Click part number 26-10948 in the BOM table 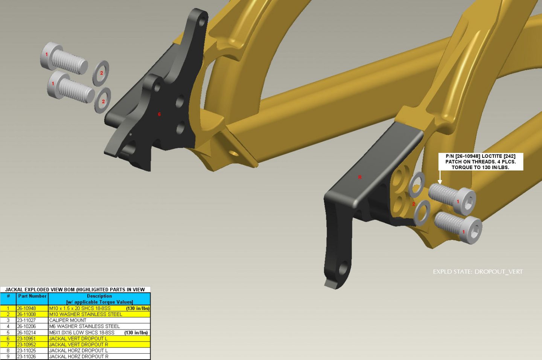click(x=26, y=308)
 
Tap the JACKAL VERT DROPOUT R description click(x=78, y=345)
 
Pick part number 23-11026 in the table click(x=26, y=357)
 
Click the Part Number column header click(x=32, y=296)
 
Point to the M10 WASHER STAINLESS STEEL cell click(x=86, y=314)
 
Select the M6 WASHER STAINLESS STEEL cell click(x=84, y=326)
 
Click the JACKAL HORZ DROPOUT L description click(x=78, y=351)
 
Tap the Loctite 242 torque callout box click(x=481, y=162)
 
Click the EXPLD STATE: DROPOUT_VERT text click(x=478, y=272)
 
